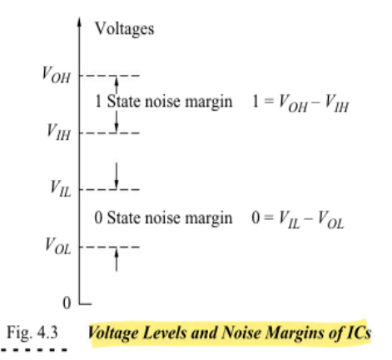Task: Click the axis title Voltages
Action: [124, 29]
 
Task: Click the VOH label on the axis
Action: [56, 74]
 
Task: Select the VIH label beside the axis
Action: [58, 132]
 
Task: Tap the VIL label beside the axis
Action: [61, 188]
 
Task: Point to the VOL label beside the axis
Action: [58, 246]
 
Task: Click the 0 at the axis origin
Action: [67, 302]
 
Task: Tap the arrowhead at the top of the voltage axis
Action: [80, 22]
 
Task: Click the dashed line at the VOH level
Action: [109, 76]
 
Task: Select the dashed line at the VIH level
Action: [109, 133]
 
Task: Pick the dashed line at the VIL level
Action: [109, 190]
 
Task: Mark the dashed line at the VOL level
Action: [109, 247]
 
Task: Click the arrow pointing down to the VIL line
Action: [117, 176]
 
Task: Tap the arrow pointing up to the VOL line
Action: [117, 259]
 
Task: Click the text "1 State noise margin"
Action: [163, 101]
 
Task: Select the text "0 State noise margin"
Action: [163, 217]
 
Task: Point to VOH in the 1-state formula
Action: [294, 103]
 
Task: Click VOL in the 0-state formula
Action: [330, 220]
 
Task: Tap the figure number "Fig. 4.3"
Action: [32, 332]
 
